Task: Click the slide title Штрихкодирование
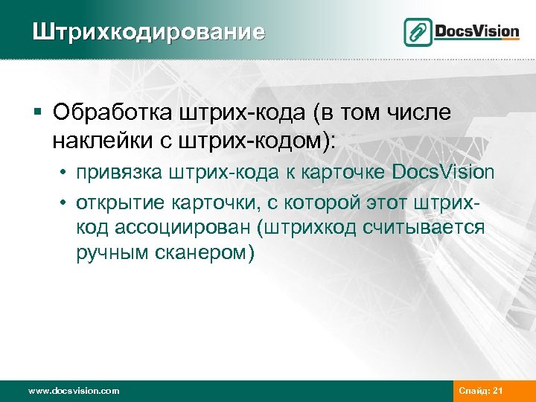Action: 147,32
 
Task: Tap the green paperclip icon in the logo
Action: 418,32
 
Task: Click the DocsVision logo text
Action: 477,31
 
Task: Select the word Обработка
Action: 112,112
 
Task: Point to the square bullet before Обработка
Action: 36,113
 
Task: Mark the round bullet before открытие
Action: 66,202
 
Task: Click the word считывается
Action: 424,226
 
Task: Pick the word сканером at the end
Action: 202,252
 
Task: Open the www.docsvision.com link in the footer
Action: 73,390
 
